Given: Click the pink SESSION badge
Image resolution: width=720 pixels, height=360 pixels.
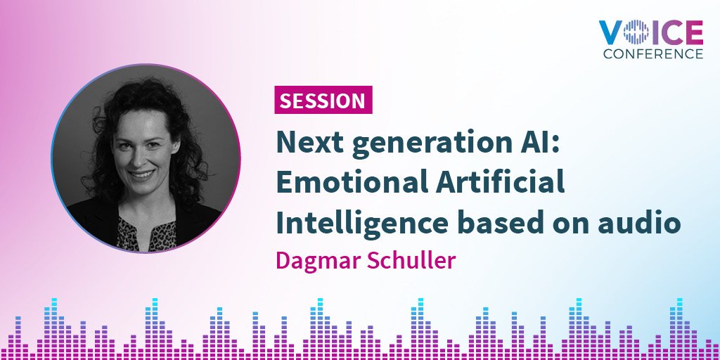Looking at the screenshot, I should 323,101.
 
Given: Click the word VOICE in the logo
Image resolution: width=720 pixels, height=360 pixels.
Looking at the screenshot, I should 650,32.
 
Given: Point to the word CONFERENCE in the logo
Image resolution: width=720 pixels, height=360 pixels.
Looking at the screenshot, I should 650,53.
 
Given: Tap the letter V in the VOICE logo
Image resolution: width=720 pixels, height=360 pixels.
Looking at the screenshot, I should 610,32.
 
